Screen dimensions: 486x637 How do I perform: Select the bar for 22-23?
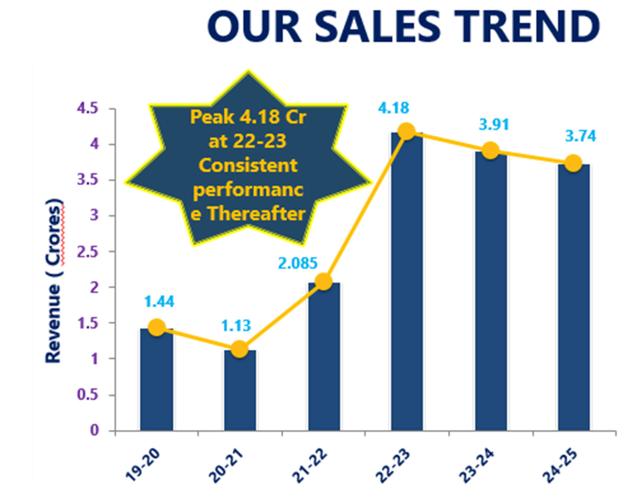[x=407, y=282]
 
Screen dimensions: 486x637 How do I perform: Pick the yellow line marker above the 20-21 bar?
[x=239, y=349]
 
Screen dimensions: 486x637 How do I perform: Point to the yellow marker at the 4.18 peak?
[x=407, y=132]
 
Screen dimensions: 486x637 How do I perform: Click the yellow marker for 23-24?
[x=490, y=151]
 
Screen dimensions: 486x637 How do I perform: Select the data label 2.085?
[x=298, y=263]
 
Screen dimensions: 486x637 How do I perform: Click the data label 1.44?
[x=159, y=301]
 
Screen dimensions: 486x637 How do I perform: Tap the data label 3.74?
[x=580, y=136]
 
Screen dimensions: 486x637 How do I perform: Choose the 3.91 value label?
[x=494, y=124]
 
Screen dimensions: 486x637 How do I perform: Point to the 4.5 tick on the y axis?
[x=87, y=108]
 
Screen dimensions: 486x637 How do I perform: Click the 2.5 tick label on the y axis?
[x=87, y=252]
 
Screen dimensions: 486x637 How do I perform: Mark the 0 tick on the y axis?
[x=94, y=430]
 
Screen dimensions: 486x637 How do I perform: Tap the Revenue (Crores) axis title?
[x=54, y=280]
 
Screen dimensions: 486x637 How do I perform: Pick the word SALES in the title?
[x=377, y=26]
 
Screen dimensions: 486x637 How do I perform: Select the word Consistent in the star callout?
[x=248, y=165]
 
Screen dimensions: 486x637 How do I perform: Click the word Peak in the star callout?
[x=212, y=117]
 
